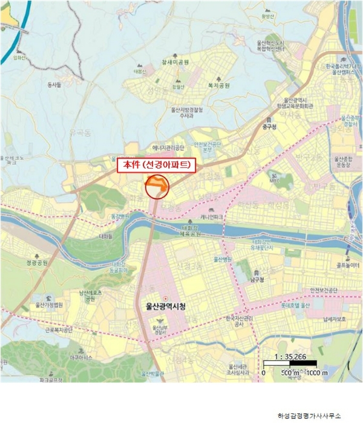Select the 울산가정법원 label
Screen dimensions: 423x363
tap(50, 305)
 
